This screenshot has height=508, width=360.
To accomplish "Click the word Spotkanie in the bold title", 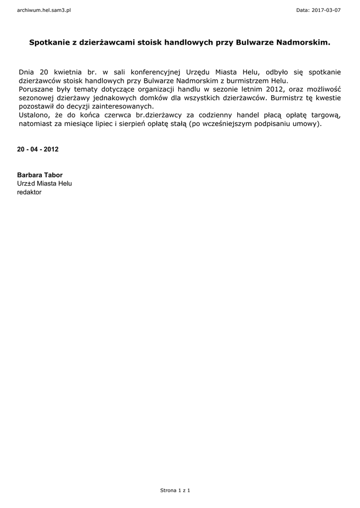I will tap(49, 43).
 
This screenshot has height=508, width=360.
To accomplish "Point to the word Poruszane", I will tap(36, 89).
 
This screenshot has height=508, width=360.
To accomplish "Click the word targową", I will tap(325, 116).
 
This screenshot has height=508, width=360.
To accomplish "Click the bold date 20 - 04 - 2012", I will tap(38, 149).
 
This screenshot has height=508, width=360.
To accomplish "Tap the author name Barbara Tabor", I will tap(40, 175).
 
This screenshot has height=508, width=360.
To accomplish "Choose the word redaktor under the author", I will tap(29, 192).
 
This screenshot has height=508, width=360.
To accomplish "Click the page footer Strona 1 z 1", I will tap(175, 490).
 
